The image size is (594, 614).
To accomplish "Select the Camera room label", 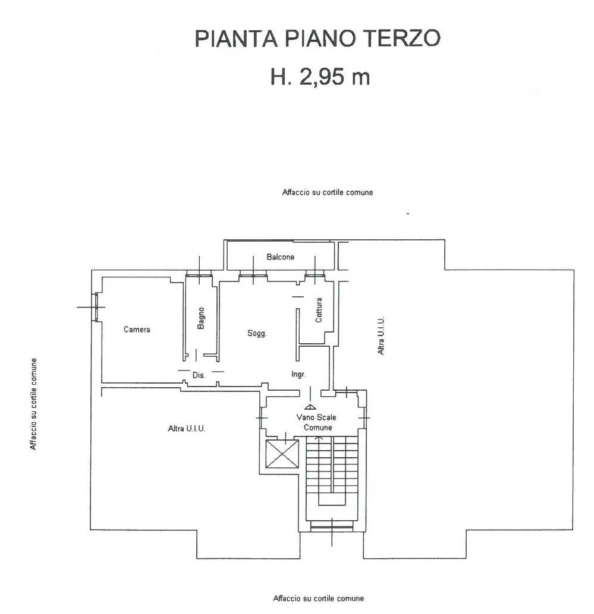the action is pos(137,330).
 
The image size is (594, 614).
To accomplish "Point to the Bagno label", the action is pos(201,318).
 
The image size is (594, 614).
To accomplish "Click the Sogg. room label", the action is pos(257,333).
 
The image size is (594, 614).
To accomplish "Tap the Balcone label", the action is pos(280,257).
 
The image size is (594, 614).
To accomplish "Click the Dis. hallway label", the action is pos(199,375).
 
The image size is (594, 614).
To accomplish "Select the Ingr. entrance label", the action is pos(298,374).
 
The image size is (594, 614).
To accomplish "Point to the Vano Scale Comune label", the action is pos(317,422).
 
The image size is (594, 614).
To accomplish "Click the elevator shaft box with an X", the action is pos(282,454).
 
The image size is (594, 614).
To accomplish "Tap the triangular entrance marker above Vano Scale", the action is pos(310,407).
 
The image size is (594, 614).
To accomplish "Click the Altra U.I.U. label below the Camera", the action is pos(187,428).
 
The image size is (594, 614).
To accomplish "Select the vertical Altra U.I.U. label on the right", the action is pos(381,336).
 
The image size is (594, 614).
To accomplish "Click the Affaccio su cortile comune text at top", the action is pos(328,192).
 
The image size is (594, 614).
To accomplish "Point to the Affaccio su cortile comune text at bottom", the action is pos(318,599).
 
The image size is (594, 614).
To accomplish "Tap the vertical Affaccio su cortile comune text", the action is pos(34,404).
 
